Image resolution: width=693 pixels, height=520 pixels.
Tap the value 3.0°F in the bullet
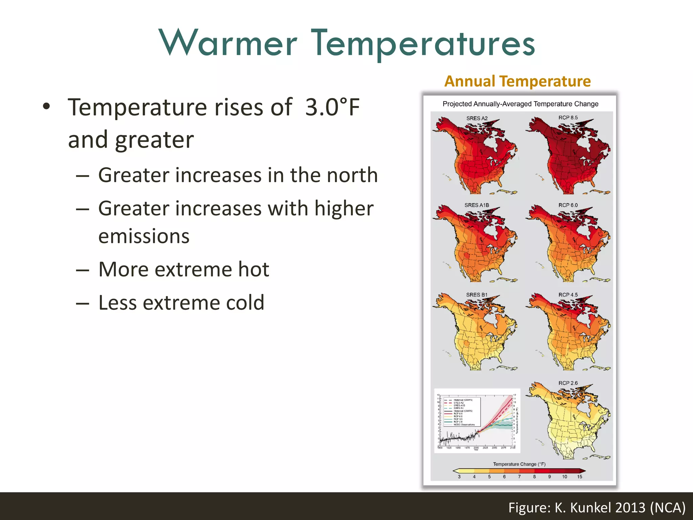coord(332,107)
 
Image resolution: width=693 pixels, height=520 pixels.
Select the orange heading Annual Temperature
coord(517,81)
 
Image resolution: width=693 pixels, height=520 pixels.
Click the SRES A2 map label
coord(477,118)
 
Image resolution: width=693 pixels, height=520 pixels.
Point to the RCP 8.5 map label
coord(568,117)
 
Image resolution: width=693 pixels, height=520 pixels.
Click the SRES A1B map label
coord(476,205)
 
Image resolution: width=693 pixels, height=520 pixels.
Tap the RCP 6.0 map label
coord(568,205)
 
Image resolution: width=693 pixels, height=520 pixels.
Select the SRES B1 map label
coord(476,295)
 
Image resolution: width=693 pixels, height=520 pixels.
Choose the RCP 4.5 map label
coord(568,295)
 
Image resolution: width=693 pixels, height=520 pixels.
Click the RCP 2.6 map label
coord(568,383)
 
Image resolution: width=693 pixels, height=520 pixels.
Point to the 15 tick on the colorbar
coord(580,477)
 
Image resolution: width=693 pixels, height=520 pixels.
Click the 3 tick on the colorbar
coord(459,477)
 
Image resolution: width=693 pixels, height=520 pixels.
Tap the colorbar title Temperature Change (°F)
coord(519,464)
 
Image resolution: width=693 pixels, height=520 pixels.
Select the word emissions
coord(144,236)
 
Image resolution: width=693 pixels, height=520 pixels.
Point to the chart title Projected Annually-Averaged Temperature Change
coord(520,104)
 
